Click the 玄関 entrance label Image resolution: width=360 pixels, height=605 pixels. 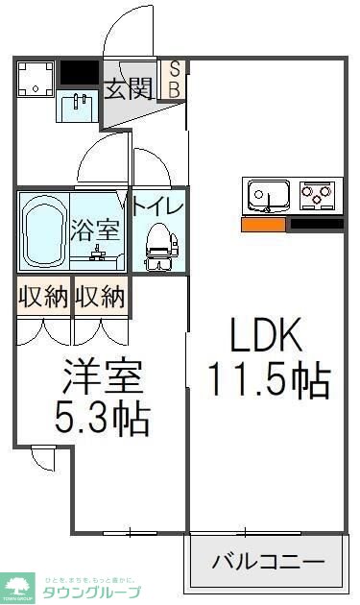click(x=128, y=89)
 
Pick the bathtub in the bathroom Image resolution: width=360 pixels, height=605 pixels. click(x=43, y=232)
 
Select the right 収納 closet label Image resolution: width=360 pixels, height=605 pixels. click(x=100, y=296)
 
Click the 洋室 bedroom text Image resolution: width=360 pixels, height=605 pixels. click(x=104, y=375)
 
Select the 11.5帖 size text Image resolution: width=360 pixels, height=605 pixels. click(x=269, y=381)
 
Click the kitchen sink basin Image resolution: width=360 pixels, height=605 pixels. click(x=269, y=196)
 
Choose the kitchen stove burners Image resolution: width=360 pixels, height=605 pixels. click(x=319, y=196)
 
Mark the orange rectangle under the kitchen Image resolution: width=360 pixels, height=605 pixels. click(x=263, y=225)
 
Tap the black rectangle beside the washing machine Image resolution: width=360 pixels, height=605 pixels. click(x=79, y=72)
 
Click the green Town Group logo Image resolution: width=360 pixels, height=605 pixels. click(x=18, y=585)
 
